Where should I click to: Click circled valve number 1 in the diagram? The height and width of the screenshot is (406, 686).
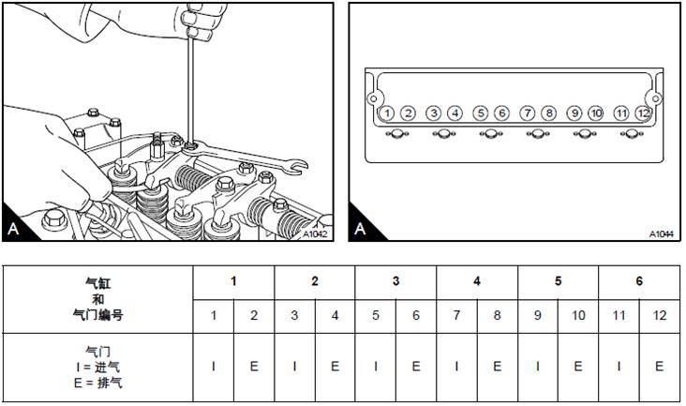click(387, 113)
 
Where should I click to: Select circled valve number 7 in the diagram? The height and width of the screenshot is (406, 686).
click(528, 113)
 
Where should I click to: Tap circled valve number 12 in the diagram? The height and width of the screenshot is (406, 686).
click(643, 113)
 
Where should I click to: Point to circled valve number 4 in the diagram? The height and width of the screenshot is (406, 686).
click(455, 113)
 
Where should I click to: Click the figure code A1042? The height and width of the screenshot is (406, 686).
click(315, 234)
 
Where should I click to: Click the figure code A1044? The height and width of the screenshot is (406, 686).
click(661, 234)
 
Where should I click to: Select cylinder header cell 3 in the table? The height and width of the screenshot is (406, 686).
click(395, 282)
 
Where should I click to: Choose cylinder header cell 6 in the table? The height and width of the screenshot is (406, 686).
click(639, 282)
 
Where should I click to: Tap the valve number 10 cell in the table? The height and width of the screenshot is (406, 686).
click(578, 316)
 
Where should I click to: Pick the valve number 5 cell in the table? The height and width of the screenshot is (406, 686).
click(376, 316)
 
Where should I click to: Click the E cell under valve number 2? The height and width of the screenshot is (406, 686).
click(254, 367)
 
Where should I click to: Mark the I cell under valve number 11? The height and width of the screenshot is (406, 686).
click(619, 367)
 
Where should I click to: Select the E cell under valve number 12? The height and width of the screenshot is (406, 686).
click(660, 367)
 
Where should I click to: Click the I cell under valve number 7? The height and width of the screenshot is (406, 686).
click(456, 367)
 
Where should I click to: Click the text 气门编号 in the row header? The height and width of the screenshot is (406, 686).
click(98, 315)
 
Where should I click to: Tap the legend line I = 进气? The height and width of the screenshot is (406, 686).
click(98, 367)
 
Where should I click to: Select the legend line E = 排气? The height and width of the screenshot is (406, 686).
click(98, 383)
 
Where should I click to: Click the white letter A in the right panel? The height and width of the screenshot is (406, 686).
click(360, 228)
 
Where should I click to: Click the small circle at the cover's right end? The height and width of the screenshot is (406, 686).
click(655, 98)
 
